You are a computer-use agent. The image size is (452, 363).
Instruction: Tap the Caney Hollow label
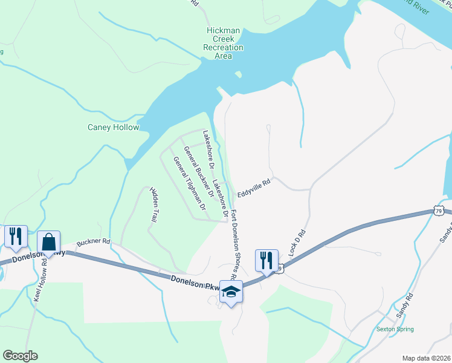pos(114,128)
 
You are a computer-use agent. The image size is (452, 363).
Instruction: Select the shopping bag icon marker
pos(48,241)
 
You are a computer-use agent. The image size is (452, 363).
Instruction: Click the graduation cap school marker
pos(230,292)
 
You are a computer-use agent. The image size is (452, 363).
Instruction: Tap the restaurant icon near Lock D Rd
pos(266,260)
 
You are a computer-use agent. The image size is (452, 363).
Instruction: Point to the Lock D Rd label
pos(298,243)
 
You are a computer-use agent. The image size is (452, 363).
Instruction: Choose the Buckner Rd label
pos(94,241)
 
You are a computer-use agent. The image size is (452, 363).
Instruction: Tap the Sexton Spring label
pos(395,329)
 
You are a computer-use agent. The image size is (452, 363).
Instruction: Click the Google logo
pos(20,356)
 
